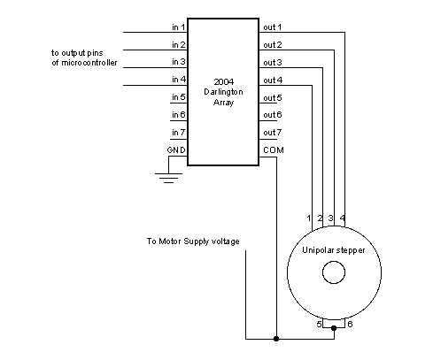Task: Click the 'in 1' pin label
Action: coord(177,27)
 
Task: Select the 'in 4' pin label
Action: coord(177,80)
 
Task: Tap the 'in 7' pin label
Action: coord(177,132)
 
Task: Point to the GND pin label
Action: coord(175,149)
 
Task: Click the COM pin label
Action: coord(273,149)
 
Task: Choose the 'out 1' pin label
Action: coord(273,27)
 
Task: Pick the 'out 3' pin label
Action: coord(273,63)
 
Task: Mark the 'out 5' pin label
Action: coord(273,97)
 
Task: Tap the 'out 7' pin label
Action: coord(273,132)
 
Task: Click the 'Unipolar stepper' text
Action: coord(333,251)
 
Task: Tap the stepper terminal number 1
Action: coord(310,218)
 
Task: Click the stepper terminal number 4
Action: coord(343,218)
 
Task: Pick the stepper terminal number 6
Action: coord(349,325)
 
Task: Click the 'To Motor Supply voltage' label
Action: coord(193,241)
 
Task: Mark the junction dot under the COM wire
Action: coord(277,338)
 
